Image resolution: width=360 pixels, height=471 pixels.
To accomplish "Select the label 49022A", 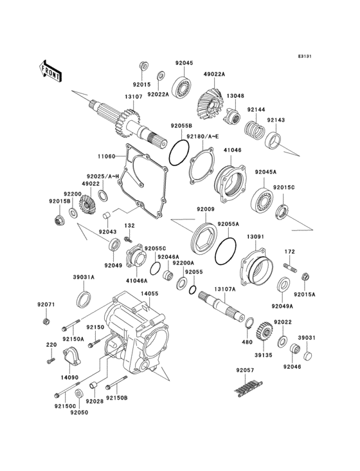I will [215, 74].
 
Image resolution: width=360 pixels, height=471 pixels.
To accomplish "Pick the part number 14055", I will [149, 293].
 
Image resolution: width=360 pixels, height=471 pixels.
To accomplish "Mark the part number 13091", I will [256, 236].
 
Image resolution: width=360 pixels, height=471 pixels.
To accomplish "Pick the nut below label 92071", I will [46, 322].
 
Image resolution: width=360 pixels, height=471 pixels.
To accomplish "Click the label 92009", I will [206, 209].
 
